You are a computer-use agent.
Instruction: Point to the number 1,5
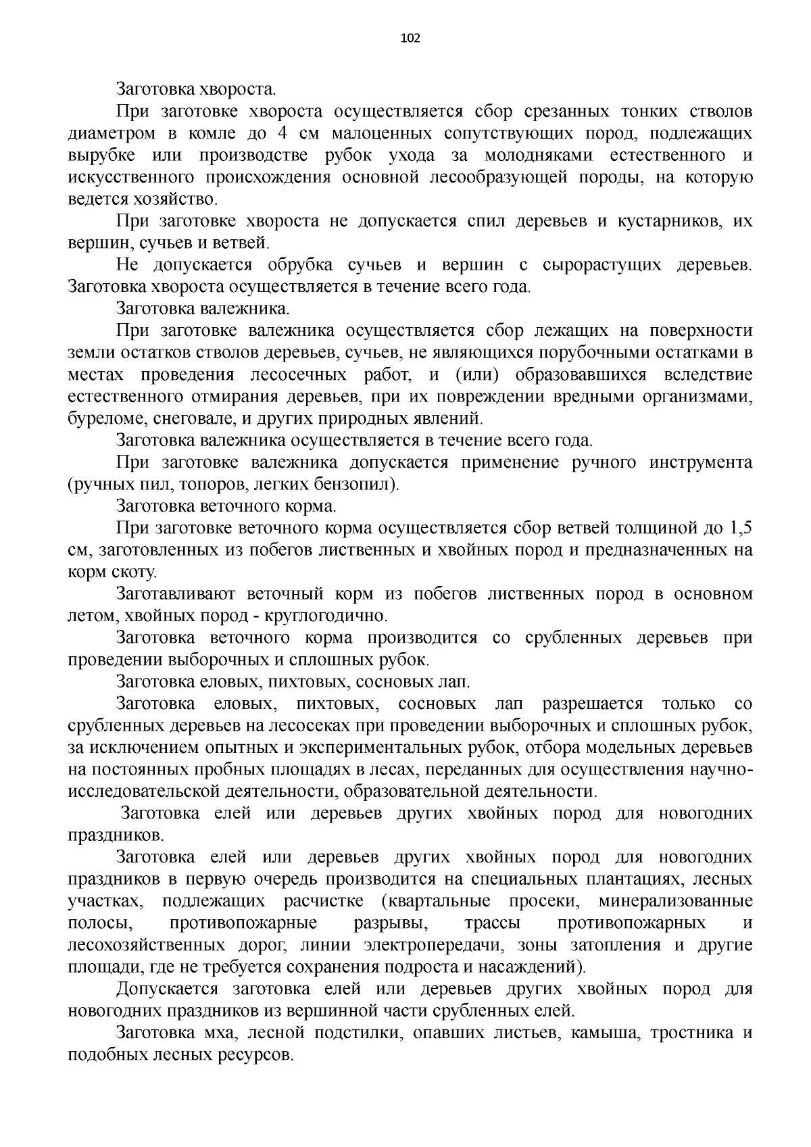pyautogui.click(x=739, y=528)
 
